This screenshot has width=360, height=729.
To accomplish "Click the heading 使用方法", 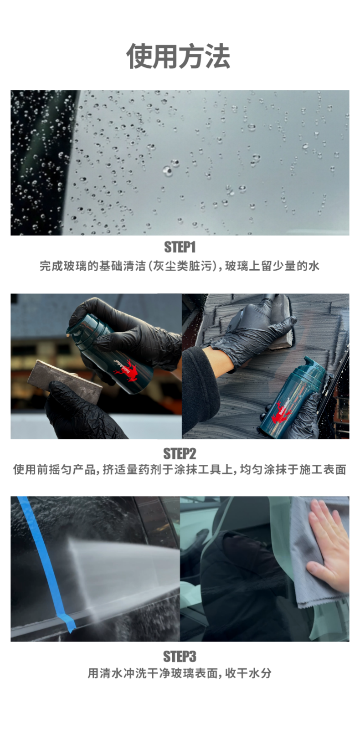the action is (x=178, y=56).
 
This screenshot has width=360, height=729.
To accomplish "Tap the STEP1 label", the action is (x=180, y=247).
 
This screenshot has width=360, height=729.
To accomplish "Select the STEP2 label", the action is (x=180, y=453).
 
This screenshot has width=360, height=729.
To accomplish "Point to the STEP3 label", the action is (x=180, y=657).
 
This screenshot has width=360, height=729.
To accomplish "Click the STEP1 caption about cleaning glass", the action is (x=180, y=266).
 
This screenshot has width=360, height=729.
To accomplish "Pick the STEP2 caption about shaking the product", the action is (x=180, y=469).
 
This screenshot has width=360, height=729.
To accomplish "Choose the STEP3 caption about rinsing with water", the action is (x=180, y=673).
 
